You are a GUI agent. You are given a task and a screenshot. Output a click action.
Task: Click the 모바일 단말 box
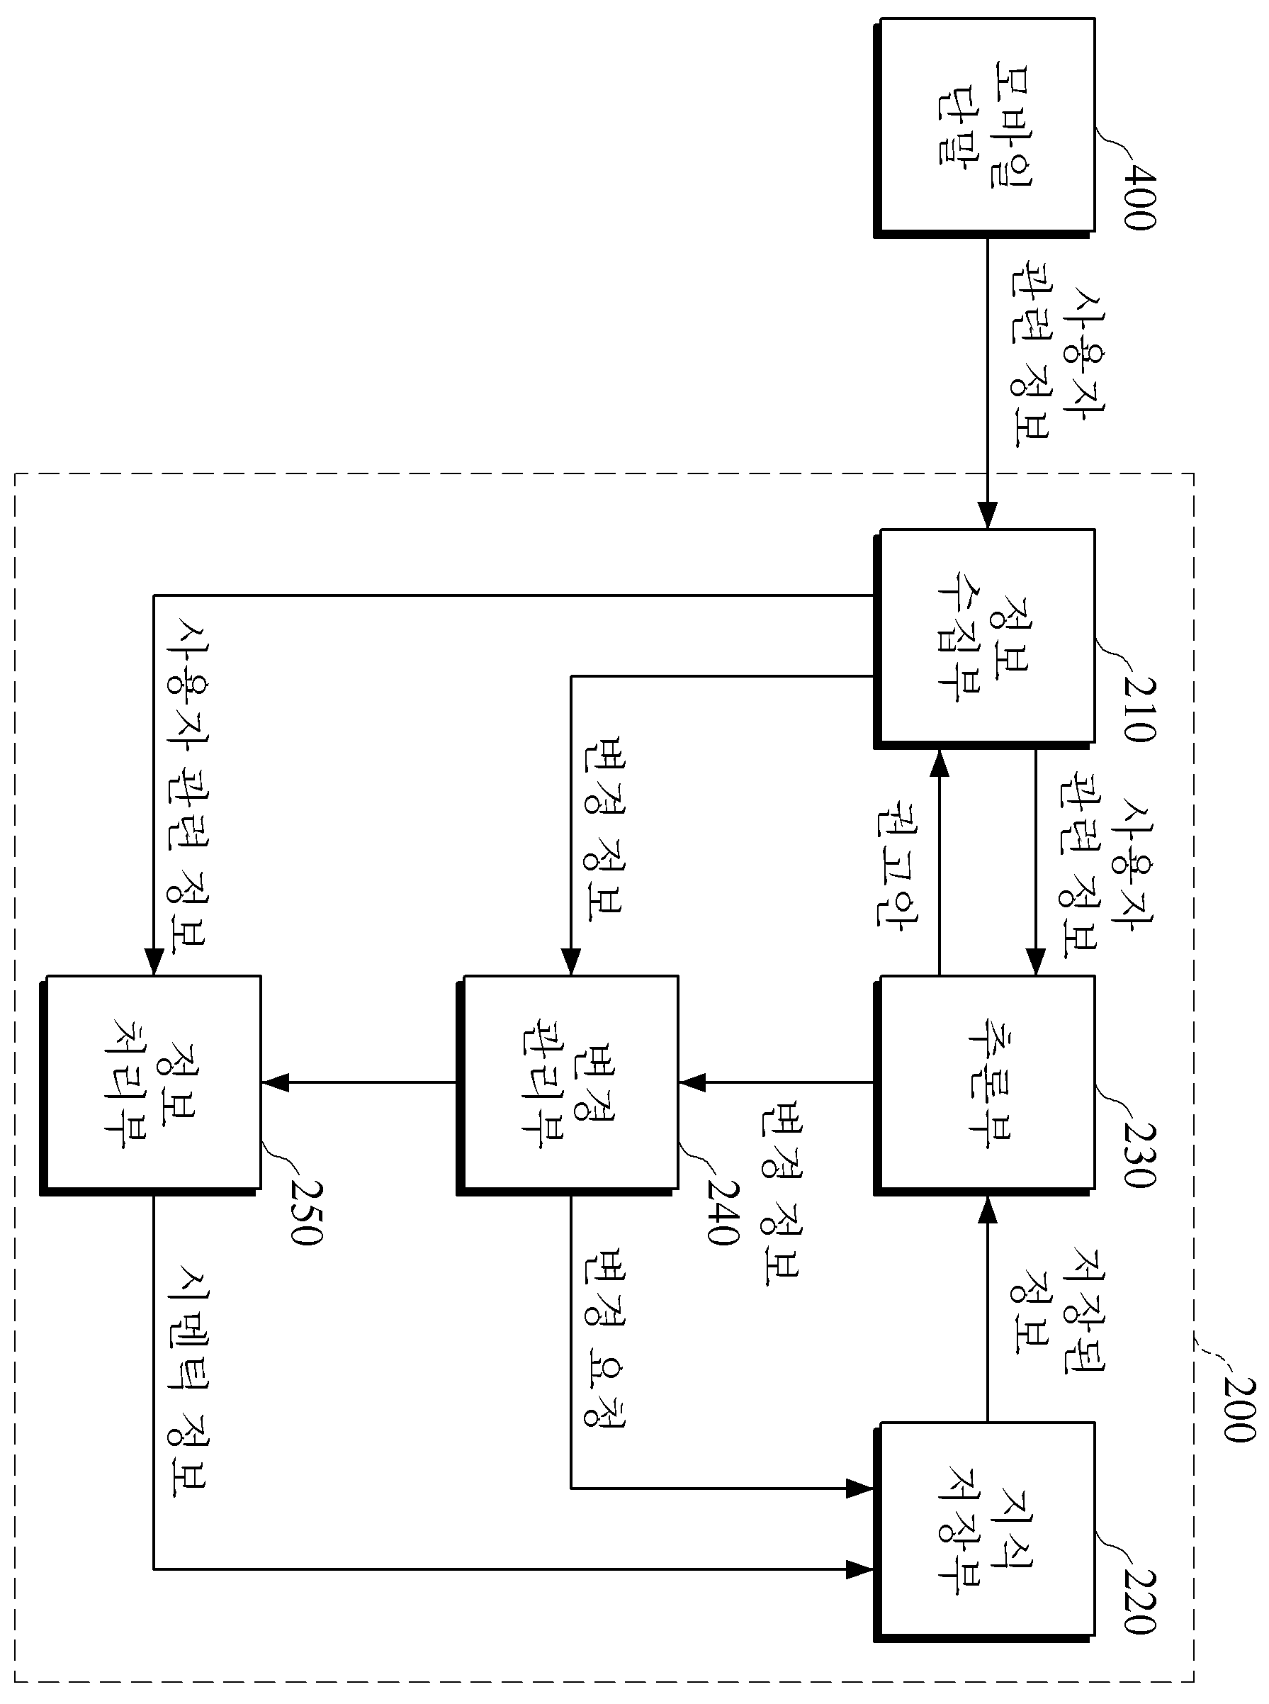click(985, 128)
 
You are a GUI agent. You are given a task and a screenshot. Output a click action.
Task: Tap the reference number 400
click(1140, 198)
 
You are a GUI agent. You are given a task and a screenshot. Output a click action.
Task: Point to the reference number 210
click(1140, 709)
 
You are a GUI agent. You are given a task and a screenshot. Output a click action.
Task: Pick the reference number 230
click(1140, 1155)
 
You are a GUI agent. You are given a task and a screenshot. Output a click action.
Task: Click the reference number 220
click(1140, 1602)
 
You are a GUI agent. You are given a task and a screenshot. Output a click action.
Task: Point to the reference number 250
click(307, 1212)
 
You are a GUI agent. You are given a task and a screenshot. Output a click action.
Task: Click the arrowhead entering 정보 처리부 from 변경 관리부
click(274, 1082)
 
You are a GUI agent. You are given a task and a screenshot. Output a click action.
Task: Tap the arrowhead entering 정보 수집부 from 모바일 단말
click(988, 515)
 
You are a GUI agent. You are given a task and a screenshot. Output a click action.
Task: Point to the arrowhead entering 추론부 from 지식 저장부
click(988, 1210)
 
